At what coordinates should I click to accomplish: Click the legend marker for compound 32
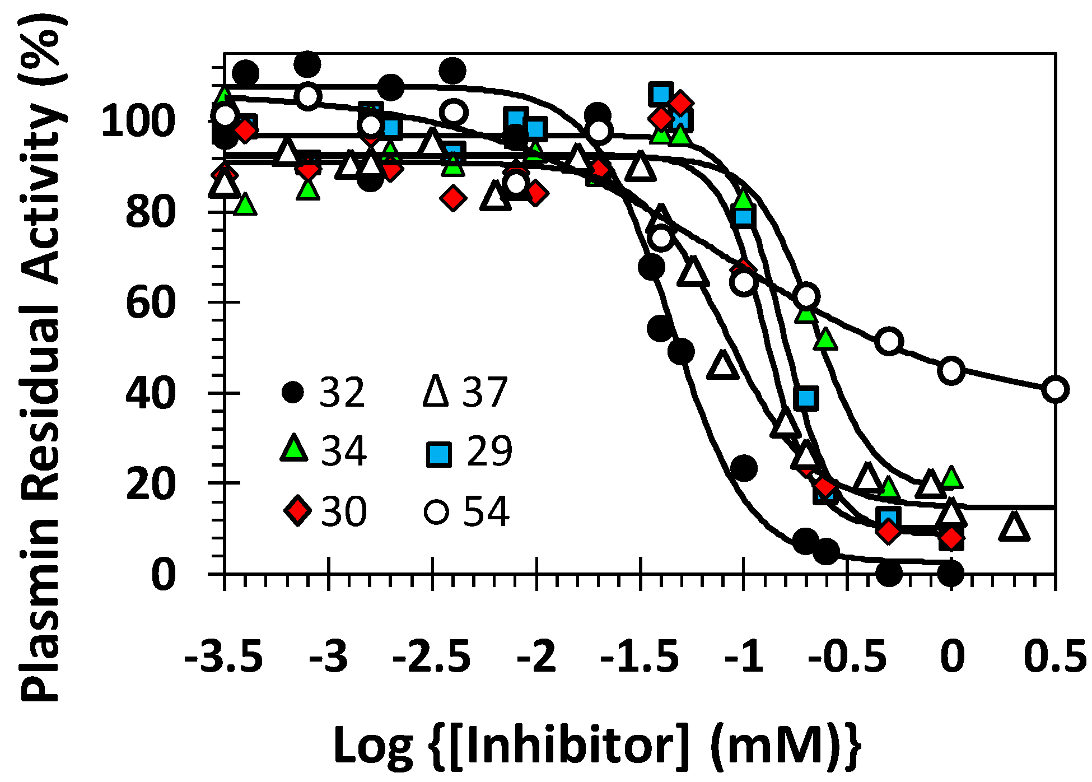(x=293, y=392)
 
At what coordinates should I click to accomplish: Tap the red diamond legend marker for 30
(x=297, y=510)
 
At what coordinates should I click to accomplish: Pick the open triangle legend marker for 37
(x=436, y=390)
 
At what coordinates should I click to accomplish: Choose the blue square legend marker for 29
(x=438, y=454)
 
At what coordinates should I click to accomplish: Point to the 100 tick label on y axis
(x=138, y=121)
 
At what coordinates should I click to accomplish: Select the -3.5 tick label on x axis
(x=223, y=656)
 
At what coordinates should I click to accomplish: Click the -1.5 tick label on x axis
(x=640, y=656)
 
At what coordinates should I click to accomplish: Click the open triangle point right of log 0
(x=1014, y=526)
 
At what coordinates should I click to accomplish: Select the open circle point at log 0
(x=952, y=370)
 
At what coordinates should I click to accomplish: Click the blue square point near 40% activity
(x=806, y=398)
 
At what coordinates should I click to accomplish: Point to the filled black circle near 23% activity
(x=744, y=468)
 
